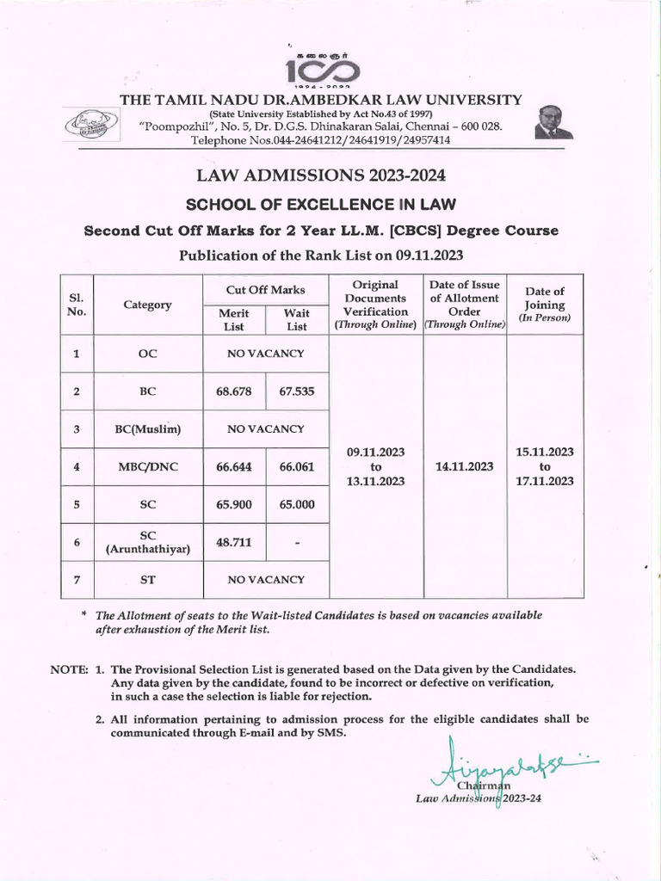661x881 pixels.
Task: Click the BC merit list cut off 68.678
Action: pyautogui.click(x=234, y=391)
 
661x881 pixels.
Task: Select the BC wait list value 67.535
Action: pyautogui.click(x=297, y=391)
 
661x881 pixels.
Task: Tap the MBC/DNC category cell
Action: pyautogui.click(x=147, y=467)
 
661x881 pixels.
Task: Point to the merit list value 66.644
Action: pyautogui.click(x=234, y=466)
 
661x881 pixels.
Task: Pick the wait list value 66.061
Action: pyautogui.click(x=297, y=466)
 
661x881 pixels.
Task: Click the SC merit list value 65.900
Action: pyautogui.click(x=234, y=505)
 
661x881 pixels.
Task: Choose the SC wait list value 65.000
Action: pyautogui.click(x=297, y=505)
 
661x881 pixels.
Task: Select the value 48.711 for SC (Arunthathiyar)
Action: pyautogui.click(x=234, y=543)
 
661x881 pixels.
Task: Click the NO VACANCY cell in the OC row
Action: pyautogui.click(x=265, y=354)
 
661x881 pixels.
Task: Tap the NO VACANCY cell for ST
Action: pyautogui.click(x=265, y=581)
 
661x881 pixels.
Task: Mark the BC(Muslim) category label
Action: pyautogui.click(x=147, y=429)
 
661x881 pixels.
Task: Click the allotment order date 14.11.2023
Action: pyautogui.click(x=465, y=466)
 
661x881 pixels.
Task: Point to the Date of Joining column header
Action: pyautogui.click(x=545, y=305)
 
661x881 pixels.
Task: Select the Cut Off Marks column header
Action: pyautogui.click(x=265, y=290)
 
